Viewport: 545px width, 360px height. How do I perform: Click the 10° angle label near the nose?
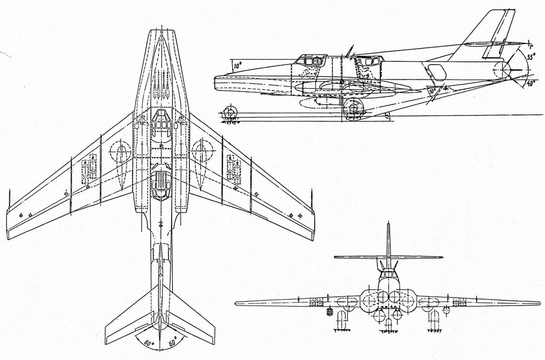click(x=237, y=66)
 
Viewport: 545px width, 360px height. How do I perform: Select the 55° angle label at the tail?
click(x=531, y=57)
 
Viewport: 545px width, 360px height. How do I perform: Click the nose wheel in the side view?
click(x=229, y=113)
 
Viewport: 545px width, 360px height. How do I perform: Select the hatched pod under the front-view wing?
click(x=329, y=312)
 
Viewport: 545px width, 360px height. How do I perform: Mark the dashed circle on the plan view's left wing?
click(x=120, y=151)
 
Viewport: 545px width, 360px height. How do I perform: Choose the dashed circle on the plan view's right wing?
click(x=202, y=151)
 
